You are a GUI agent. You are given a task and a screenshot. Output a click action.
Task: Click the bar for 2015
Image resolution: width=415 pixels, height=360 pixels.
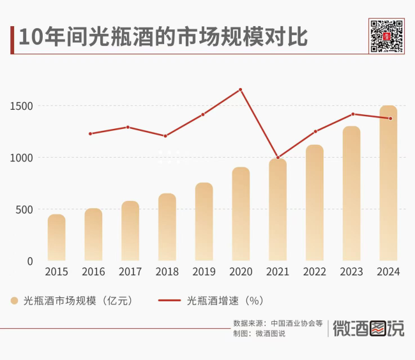[56, 237]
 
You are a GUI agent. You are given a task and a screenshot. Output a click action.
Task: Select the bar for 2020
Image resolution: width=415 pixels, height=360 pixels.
[241, 214]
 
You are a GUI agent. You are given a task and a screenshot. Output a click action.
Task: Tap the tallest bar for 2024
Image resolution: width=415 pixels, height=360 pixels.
[388, 183]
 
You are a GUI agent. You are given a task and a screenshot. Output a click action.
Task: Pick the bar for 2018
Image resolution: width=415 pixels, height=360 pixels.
[167, 227]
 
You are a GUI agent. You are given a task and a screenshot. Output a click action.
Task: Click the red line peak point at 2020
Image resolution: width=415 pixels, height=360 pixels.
[241, 89]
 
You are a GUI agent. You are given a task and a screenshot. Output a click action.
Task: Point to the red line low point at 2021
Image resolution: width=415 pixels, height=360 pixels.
[277, 158]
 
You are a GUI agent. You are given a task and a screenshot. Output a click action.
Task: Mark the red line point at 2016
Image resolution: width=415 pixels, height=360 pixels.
[91, 133]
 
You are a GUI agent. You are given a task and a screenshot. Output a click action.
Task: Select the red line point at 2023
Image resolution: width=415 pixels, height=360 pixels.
[352, 114]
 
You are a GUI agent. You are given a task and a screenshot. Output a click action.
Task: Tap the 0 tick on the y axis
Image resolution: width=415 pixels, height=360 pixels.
[30, 261]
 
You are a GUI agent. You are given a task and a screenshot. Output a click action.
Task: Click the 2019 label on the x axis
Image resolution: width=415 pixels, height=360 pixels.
[204, 271]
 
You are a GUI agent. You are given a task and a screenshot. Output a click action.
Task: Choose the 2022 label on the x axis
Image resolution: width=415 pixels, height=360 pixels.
[314, 271]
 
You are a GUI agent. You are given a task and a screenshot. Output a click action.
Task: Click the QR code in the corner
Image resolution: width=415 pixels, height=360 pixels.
[387, 36]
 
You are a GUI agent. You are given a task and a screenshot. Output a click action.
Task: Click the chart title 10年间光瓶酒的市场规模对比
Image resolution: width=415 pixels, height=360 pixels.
[163, 38]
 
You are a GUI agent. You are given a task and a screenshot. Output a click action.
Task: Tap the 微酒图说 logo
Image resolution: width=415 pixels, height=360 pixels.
[369, 329]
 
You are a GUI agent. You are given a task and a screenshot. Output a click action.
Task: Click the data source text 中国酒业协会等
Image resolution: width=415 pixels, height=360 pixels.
[297, 323]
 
